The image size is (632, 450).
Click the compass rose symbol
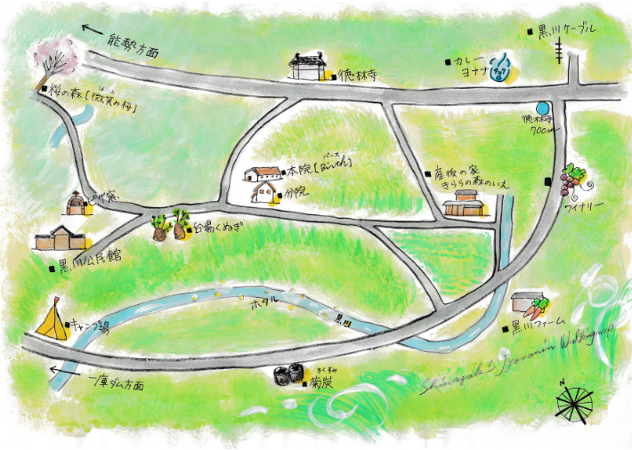(573, 402)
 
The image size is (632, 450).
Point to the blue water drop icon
(505, 63)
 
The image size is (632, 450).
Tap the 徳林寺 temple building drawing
(310, 65)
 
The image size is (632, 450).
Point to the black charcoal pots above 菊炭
(288, 374)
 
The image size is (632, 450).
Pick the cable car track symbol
(560, 54)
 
